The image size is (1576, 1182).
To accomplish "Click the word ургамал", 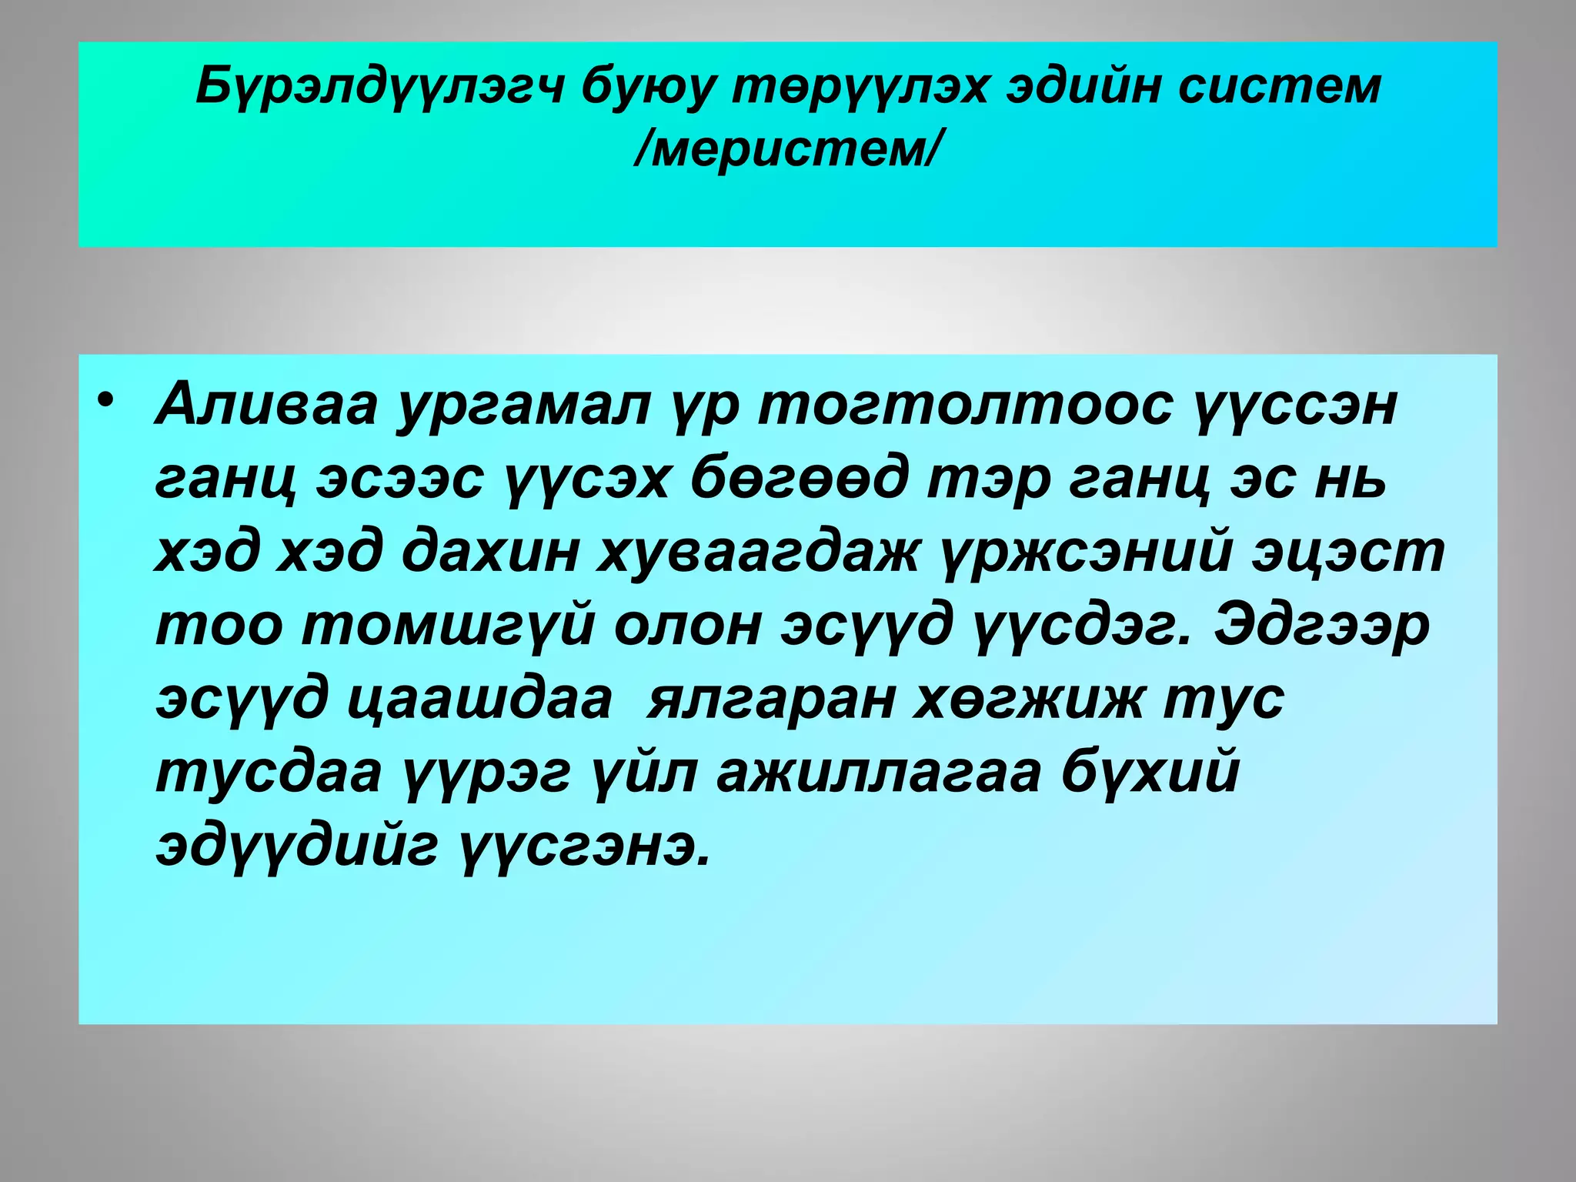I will click(523, 406).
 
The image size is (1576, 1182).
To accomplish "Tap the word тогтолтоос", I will click(966, 406).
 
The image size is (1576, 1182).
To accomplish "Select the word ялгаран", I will click(770, 700).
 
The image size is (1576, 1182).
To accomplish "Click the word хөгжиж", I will click(1027, 700).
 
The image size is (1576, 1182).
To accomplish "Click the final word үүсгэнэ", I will click(584, 846).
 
